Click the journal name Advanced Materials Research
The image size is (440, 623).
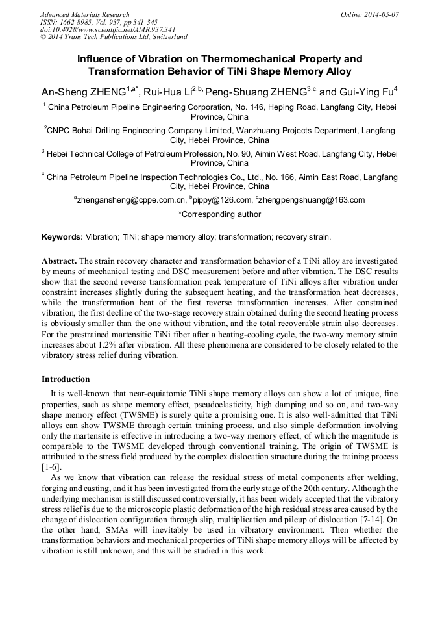coord(84,14)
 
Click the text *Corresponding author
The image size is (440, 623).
coord(219,214)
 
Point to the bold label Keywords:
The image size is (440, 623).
coord(62,237)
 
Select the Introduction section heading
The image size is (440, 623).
coord(66,379)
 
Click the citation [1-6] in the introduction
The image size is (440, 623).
coord(52,467)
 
